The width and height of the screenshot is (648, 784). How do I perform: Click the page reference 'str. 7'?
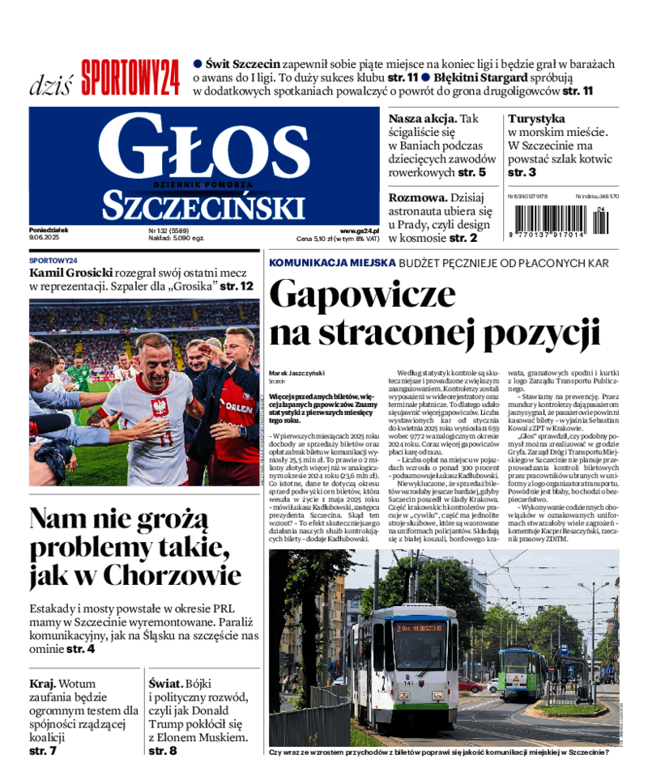click(x=43, y=751)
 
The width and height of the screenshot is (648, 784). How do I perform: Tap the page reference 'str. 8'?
click(x=163, y=751)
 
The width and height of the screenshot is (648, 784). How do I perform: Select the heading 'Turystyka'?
click(x=536, y=118)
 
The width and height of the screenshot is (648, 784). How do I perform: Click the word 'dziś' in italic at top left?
click(x=51, y=83)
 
